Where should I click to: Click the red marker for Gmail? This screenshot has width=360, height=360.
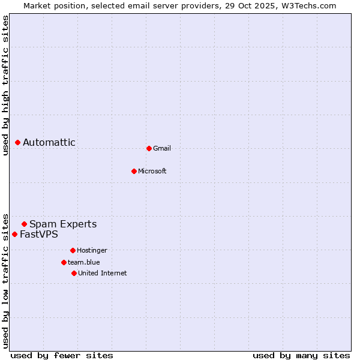149,148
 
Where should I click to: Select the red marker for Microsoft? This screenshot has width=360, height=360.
134,171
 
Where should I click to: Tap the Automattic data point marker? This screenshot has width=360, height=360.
18,142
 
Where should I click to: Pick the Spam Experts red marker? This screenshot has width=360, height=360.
25,224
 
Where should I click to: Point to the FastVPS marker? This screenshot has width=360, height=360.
15,234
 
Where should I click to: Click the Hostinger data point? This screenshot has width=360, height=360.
73,250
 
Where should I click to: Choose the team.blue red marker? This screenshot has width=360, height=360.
64,262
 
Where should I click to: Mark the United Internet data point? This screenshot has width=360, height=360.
74,273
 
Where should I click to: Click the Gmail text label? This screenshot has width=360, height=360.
162,148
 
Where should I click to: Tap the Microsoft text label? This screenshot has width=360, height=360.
152,171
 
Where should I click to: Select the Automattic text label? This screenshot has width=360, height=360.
49,142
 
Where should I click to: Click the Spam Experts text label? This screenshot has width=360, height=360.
63,224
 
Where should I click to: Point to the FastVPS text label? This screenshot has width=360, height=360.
39,234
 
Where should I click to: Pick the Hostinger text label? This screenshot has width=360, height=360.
92,250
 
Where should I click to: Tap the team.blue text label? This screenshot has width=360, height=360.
84,262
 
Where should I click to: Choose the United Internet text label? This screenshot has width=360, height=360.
103,273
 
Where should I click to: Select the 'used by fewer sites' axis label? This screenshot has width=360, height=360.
62,355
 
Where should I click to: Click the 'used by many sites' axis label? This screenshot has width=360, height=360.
301,355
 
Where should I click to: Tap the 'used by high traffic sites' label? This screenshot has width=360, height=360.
6,85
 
